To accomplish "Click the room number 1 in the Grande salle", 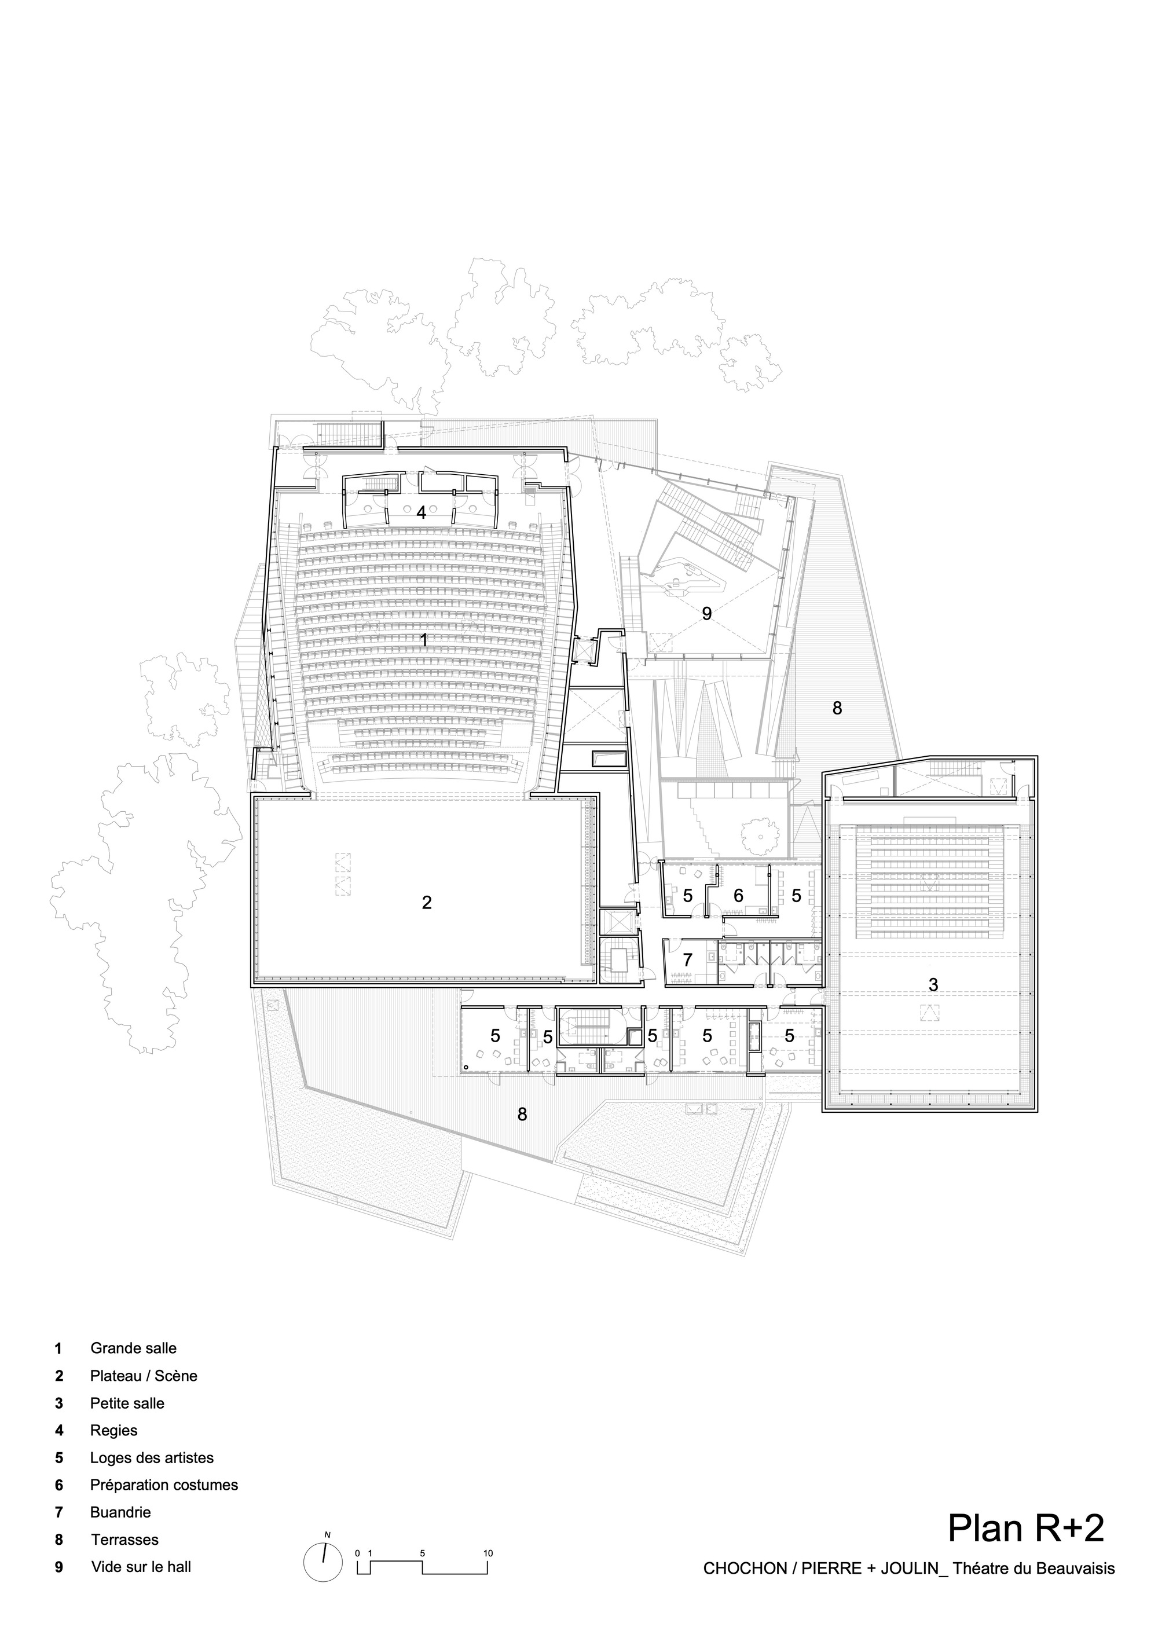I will point(424,640).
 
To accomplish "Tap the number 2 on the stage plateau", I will point(427,903).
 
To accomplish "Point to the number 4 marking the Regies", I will point(421,512).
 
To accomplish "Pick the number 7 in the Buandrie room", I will point(688,959).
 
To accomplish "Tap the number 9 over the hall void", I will point(707,614).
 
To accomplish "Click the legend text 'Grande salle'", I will point(133,1348).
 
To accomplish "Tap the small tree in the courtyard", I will point(759,831).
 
